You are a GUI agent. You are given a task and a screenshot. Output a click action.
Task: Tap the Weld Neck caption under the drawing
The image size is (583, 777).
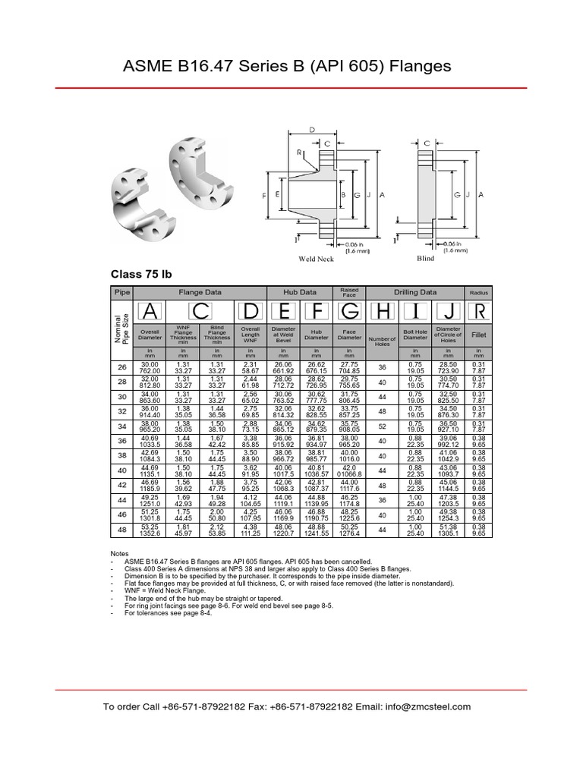(316, 259)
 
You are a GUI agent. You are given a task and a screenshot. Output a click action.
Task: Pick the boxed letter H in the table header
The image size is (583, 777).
(382, 311)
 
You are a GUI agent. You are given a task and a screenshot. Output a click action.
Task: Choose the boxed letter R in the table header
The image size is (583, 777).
(479, 311)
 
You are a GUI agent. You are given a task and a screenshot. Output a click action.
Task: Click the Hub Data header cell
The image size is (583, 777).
(300, 291)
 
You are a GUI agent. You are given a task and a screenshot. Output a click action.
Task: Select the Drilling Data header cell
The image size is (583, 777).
(414, 291)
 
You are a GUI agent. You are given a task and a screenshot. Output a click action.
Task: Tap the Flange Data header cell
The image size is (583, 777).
(200, 291)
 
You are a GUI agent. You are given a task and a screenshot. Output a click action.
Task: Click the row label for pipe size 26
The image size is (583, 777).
(121, 367)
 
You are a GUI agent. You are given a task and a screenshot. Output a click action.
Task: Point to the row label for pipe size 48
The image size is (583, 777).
(121, 530)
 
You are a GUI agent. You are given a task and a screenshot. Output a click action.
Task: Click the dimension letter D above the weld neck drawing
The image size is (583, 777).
(313, 130)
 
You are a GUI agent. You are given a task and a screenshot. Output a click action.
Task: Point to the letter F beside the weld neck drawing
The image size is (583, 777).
(264, 196)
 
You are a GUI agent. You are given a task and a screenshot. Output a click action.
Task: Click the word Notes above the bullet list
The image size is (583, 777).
(120, 554)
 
